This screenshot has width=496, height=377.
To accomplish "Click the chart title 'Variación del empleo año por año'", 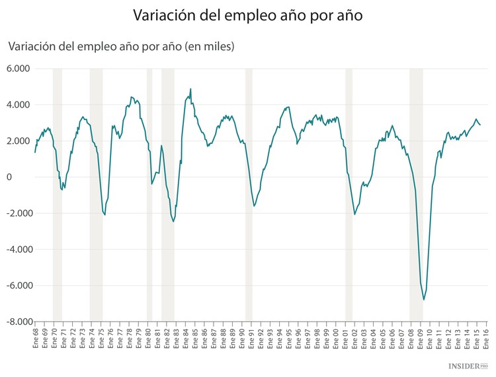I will [x=248, y=15].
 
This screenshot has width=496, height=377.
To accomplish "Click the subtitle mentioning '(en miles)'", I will [x=121, y=46].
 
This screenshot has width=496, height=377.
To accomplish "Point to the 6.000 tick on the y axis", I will [x=18, y=69].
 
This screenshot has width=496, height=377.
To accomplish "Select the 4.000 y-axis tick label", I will [x=18, y=105].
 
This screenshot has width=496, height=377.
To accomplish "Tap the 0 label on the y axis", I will [x=27, y=177].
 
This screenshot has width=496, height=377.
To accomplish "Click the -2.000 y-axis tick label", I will [x=17, y=213].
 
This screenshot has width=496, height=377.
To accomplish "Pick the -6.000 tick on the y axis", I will [x=17, y=286].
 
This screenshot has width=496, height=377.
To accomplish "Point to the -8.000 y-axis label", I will [x=17, y=322].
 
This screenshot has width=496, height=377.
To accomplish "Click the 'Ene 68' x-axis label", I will [x=35, y=339].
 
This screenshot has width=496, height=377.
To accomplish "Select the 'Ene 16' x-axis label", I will [x=487, y=339].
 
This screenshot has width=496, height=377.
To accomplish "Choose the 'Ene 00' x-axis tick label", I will [x=336, y=339].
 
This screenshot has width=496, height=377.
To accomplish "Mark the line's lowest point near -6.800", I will [x=424, y=300].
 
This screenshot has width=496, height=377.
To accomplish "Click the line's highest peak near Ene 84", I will [x=190, y=89].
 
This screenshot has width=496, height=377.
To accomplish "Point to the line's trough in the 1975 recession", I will [x=104, y=215].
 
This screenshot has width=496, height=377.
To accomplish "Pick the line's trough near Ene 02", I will [x=354, y=215].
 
